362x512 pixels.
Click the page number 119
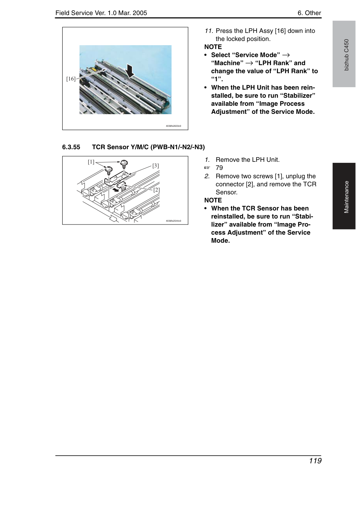[315, 461]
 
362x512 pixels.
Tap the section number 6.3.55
[71, 147]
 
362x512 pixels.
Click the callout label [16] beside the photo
[71, 79]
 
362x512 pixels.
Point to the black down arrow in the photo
[130, 71]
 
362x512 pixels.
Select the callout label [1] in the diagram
[91, 162]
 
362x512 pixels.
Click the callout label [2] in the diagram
[156, 190]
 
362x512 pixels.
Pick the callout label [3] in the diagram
[156, 166]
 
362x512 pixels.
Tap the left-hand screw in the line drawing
[109, 170]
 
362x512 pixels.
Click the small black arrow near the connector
[116, 190]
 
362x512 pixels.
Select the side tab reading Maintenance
[344, 196]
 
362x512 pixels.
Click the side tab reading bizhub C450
[344, 54]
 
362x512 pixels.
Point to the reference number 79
[219, 168]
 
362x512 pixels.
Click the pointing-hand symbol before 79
[207, 168]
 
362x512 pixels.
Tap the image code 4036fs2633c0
[173, 126]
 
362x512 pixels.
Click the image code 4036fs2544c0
[173, 221]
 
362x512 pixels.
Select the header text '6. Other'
[309, 13]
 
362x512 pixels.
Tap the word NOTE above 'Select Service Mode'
[213, 47]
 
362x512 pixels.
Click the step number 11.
[209, 31]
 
